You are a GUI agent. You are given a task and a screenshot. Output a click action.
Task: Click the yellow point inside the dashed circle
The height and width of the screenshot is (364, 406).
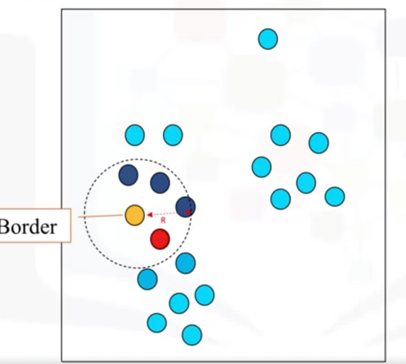coord(135,214)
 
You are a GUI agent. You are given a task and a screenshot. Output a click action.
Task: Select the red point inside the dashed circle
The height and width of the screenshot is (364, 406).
coord(160,239)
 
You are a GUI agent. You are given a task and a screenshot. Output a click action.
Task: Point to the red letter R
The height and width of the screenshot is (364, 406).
coord(163,221)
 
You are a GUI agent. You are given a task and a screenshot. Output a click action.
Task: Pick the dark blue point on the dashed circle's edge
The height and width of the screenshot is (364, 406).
coord(185,206)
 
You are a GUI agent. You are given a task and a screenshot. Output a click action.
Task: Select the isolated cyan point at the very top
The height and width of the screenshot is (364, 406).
coord(268,39)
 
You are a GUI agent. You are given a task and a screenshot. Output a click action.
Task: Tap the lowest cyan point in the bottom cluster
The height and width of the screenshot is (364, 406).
coord(191,334)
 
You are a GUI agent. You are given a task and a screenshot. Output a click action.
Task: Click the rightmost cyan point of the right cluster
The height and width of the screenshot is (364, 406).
coord(334,196)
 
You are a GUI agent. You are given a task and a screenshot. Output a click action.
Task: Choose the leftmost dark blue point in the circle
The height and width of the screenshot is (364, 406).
coord(128,175)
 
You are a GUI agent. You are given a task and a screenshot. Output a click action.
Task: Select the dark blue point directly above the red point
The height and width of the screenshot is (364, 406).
coord(160,183)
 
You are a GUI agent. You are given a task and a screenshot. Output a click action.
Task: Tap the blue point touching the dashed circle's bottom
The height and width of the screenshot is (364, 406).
coord(185,263)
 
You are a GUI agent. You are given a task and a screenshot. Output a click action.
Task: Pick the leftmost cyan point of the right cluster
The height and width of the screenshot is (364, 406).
coord(261,166)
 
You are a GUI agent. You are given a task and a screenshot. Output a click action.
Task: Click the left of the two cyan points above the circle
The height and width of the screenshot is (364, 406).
coord(135,135)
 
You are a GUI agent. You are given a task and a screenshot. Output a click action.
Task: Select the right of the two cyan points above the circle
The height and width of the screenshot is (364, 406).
coord(173,135)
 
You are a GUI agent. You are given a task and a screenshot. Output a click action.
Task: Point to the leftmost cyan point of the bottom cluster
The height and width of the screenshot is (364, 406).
coord(147,279)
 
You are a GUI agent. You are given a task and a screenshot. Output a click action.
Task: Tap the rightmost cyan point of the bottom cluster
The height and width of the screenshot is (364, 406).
coord(204,295)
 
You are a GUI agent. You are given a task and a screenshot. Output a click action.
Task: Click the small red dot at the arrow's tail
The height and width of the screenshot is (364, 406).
coord(188,212)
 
